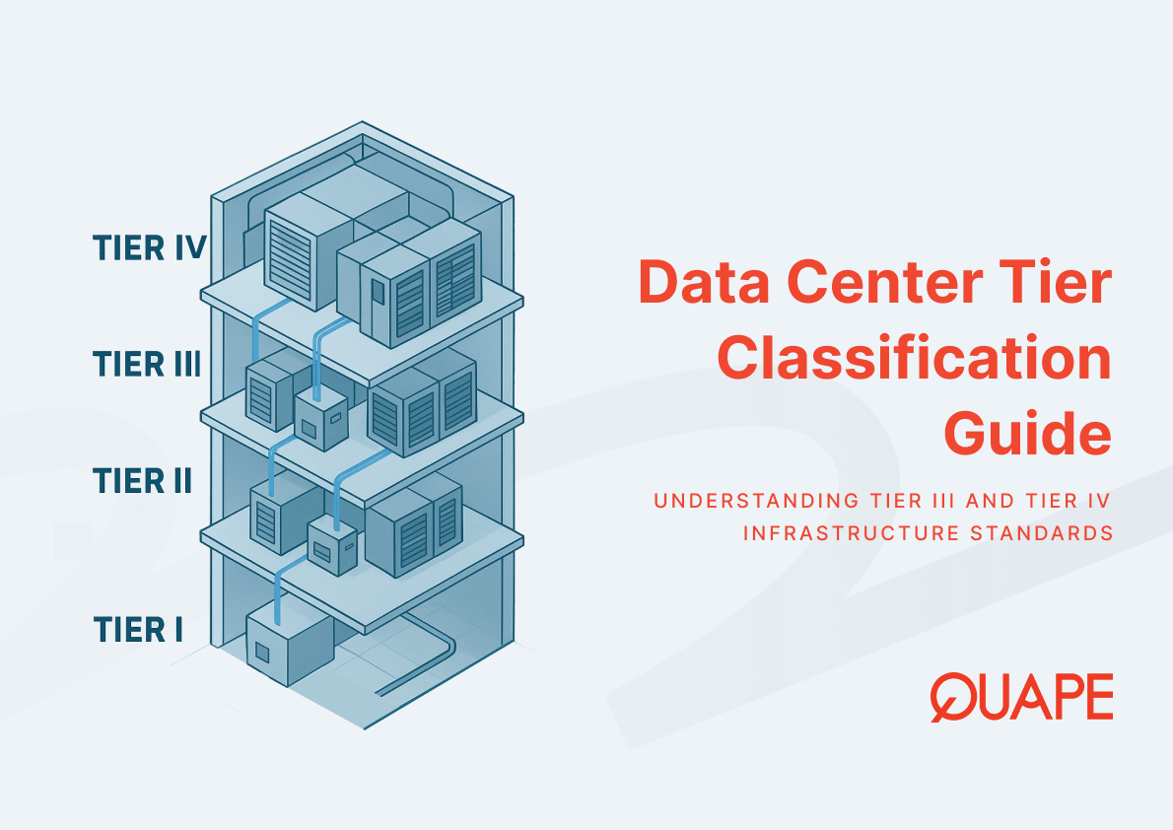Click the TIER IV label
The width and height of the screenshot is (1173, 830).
point(148,247)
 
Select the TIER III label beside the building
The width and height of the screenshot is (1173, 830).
point(147,365)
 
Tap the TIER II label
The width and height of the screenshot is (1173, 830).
point(142,481)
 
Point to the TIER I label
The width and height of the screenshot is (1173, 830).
point(138,629)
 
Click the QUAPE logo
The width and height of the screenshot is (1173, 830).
point(1021,696)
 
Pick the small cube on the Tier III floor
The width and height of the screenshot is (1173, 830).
point(320,421)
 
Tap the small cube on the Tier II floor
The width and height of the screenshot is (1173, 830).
point(332,544)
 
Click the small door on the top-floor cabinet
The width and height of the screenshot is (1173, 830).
point(377,292)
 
